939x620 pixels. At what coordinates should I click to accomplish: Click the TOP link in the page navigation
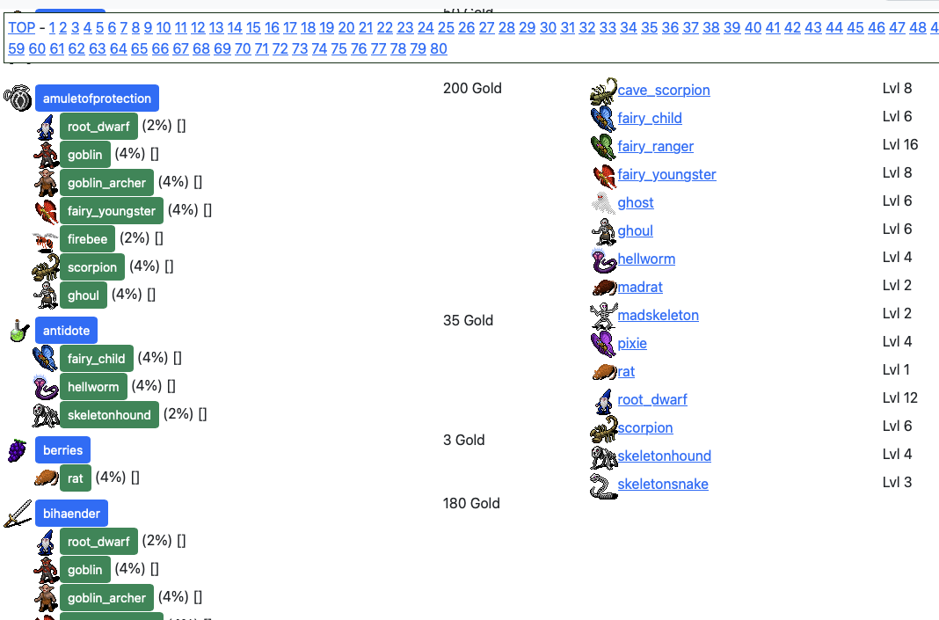[x=22, y=27]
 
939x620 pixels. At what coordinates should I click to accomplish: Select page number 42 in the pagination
[x=792, y=27]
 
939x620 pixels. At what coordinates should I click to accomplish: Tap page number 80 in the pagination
[x=439, y=48]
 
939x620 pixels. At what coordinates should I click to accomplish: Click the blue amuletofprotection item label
[x=97, y=98]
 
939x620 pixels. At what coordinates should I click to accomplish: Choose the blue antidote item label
[x=67, y=330]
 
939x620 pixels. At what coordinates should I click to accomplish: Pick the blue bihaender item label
[x=72, y=514]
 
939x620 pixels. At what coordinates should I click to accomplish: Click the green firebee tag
[x=87, y=239]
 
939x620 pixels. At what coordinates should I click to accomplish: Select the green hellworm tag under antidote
[x=93, y=386]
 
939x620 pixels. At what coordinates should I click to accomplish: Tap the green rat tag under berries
[x=76, y=478]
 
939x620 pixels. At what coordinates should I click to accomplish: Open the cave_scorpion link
[x=664, y=90]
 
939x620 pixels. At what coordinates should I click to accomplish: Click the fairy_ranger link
[x=656, y=146]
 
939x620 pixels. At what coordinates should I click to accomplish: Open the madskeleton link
[x=659, y=315]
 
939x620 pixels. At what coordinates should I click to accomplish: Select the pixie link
[x=632, y=343]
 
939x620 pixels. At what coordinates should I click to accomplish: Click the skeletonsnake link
[x=663, y=484]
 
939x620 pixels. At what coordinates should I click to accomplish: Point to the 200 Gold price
[x=472, y=88]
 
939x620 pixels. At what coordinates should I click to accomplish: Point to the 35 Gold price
[x=469, y=320]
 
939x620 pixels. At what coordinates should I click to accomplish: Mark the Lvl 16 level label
[x=900, y=144]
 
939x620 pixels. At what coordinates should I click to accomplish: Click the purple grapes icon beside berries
[x=18, y=450]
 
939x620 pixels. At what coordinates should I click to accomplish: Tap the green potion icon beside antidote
[x=19, y=331]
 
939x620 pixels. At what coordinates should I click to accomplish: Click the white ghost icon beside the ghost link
[x=603, y=203]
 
